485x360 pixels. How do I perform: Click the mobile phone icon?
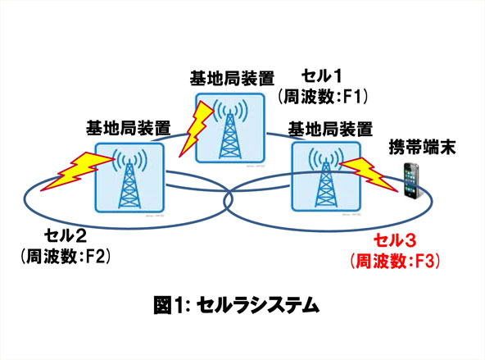tap(412, 180)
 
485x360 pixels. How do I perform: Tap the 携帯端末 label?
tap(422, 147)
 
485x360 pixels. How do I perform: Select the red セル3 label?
tap(395, 241)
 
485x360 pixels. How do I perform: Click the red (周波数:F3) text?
tap(395, 261)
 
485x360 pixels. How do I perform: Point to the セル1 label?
tap(322, 75)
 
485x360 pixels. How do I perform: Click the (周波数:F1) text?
tap(323, 96)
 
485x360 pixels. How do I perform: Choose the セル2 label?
tap(66, 236)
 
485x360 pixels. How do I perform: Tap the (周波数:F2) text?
tap(66, 257)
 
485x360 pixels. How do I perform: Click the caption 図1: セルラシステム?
tap(236, 305)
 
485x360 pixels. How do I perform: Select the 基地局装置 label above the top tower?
tap(232, 78)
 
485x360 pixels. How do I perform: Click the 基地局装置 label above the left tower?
tap(128, 128)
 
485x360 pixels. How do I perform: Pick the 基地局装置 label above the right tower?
tap(330, 129)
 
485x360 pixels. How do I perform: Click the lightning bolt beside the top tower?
tap(197, 129)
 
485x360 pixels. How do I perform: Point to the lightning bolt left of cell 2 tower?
tap(77, 171)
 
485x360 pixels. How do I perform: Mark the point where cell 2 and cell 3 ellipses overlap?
tap(229, 199)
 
